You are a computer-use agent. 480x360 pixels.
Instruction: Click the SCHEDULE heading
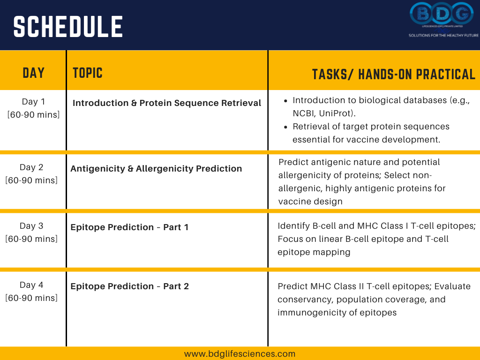point(68,27)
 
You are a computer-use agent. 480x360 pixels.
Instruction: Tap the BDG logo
point(442,14)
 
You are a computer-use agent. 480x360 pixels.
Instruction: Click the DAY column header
point(34,73)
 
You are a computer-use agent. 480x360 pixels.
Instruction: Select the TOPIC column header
point(88,73)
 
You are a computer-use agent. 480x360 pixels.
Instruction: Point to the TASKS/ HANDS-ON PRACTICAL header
point(394,75)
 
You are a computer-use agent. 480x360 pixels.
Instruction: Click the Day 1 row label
point(33,101)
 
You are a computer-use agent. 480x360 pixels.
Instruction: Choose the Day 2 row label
point(31,167)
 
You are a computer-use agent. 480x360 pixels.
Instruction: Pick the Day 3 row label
point(31,225)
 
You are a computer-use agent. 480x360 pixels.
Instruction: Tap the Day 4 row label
point(31,285)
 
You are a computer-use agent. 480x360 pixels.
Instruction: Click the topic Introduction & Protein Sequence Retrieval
point(167,103)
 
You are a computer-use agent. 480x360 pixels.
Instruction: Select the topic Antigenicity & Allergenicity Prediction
point(156,169)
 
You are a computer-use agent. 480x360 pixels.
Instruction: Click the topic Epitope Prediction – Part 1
point(129,227)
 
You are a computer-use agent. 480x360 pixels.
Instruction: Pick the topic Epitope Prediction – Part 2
point(129,286)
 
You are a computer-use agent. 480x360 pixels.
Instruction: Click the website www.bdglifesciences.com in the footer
point(240,354)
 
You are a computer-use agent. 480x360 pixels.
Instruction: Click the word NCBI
point(304,113)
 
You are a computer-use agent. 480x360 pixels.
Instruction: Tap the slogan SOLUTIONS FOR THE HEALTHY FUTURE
point(443,36)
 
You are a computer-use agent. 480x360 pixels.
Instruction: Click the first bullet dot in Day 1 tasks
point(285,101)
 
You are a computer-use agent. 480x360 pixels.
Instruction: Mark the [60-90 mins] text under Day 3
point(31,239)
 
